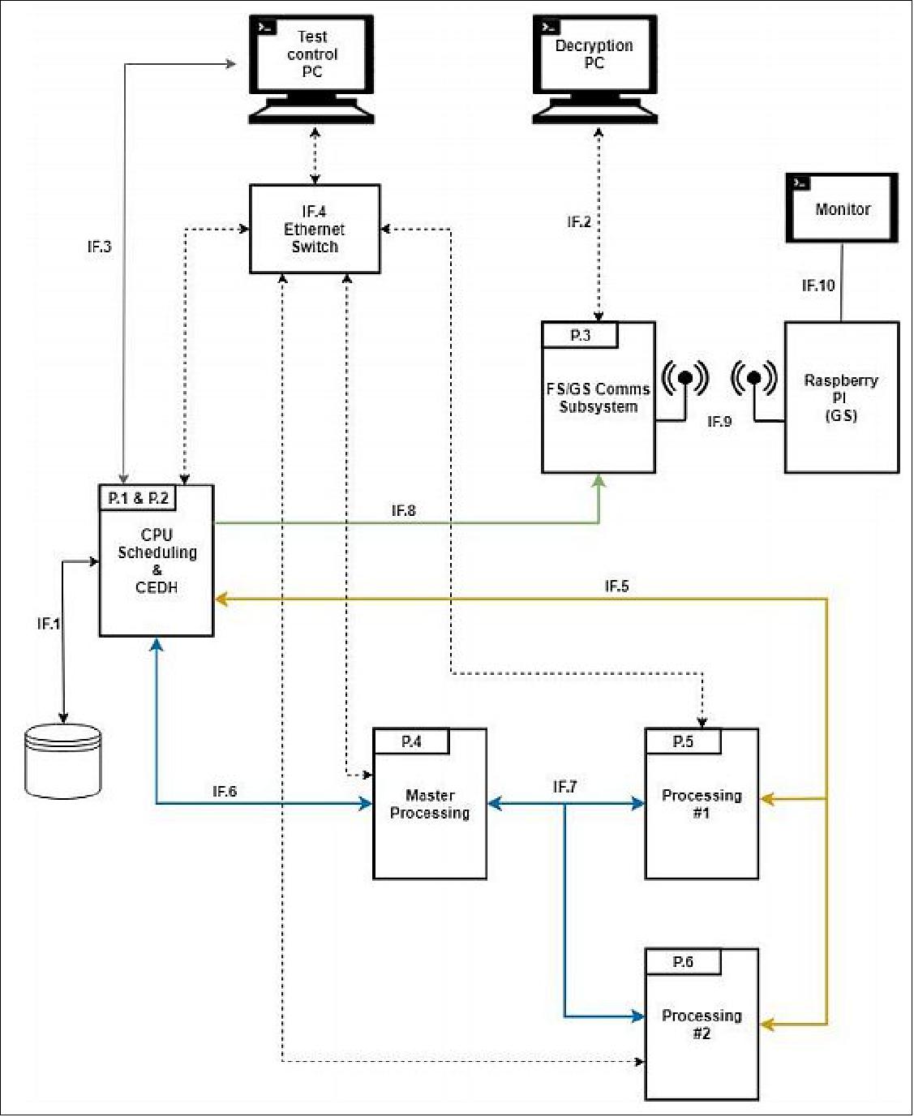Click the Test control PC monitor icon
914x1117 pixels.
tap(311, 69)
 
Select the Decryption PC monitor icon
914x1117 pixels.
tap(594, 69)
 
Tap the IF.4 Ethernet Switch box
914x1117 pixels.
tap(315, 229)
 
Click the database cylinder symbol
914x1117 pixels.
tap(63, 761)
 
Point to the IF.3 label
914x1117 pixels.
tap(99, 247)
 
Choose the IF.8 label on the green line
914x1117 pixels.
tap(403, 510)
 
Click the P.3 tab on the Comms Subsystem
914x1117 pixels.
tap(580, 335)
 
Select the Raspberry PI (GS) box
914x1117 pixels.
tap(841, 397)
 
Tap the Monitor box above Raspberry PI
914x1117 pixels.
tap(842, 208)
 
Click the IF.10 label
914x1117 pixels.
tap(817, 285)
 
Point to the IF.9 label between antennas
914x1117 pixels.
tap(719, 421)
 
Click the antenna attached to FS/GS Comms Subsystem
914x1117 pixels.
tap(685, 379)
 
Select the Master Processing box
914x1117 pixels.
tap(430, 804)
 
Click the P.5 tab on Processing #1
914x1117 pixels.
tap(683, 741)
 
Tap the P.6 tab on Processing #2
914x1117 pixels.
tap(683, 962)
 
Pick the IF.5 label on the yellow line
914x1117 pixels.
tap(616, 586)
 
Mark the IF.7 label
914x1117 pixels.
tap(564, 787)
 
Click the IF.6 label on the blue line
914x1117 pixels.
tap(225, 791)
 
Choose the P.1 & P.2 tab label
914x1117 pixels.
tap(138, 498)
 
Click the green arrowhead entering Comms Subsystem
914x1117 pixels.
tap(599, 481)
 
